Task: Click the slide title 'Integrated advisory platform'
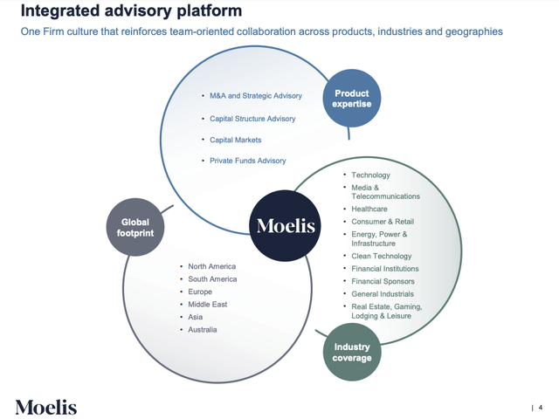(x=131, y=11)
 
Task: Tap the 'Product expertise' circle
(x=350, y=99)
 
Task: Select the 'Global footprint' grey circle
(x=135, y=227)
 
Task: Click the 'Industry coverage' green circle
(x=351, y=352)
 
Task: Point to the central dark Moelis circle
(x=285, y=226)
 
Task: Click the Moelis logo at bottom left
(x=45, y=407)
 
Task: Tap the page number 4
(x=541, y=407)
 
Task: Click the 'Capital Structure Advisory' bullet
(x=252, y=119)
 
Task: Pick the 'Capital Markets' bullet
(x=235, y=140)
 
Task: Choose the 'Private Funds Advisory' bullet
(x=247, y=161)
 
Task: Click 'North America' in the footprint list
(x=211, y=266)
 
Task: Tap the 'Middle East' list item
(x=207, y=305)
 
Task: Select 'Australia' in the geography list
(x=203, y=330)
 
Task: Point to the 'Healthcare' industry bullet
(x=369, y=209)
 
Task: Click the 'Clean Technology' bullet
(x=383, y=256)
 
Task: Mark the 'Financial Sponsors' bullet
(x=383, y=281)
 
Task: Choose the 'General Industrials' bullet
(x=383, y=294)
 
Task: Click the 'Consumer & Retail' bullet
(x=383, y=222)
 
